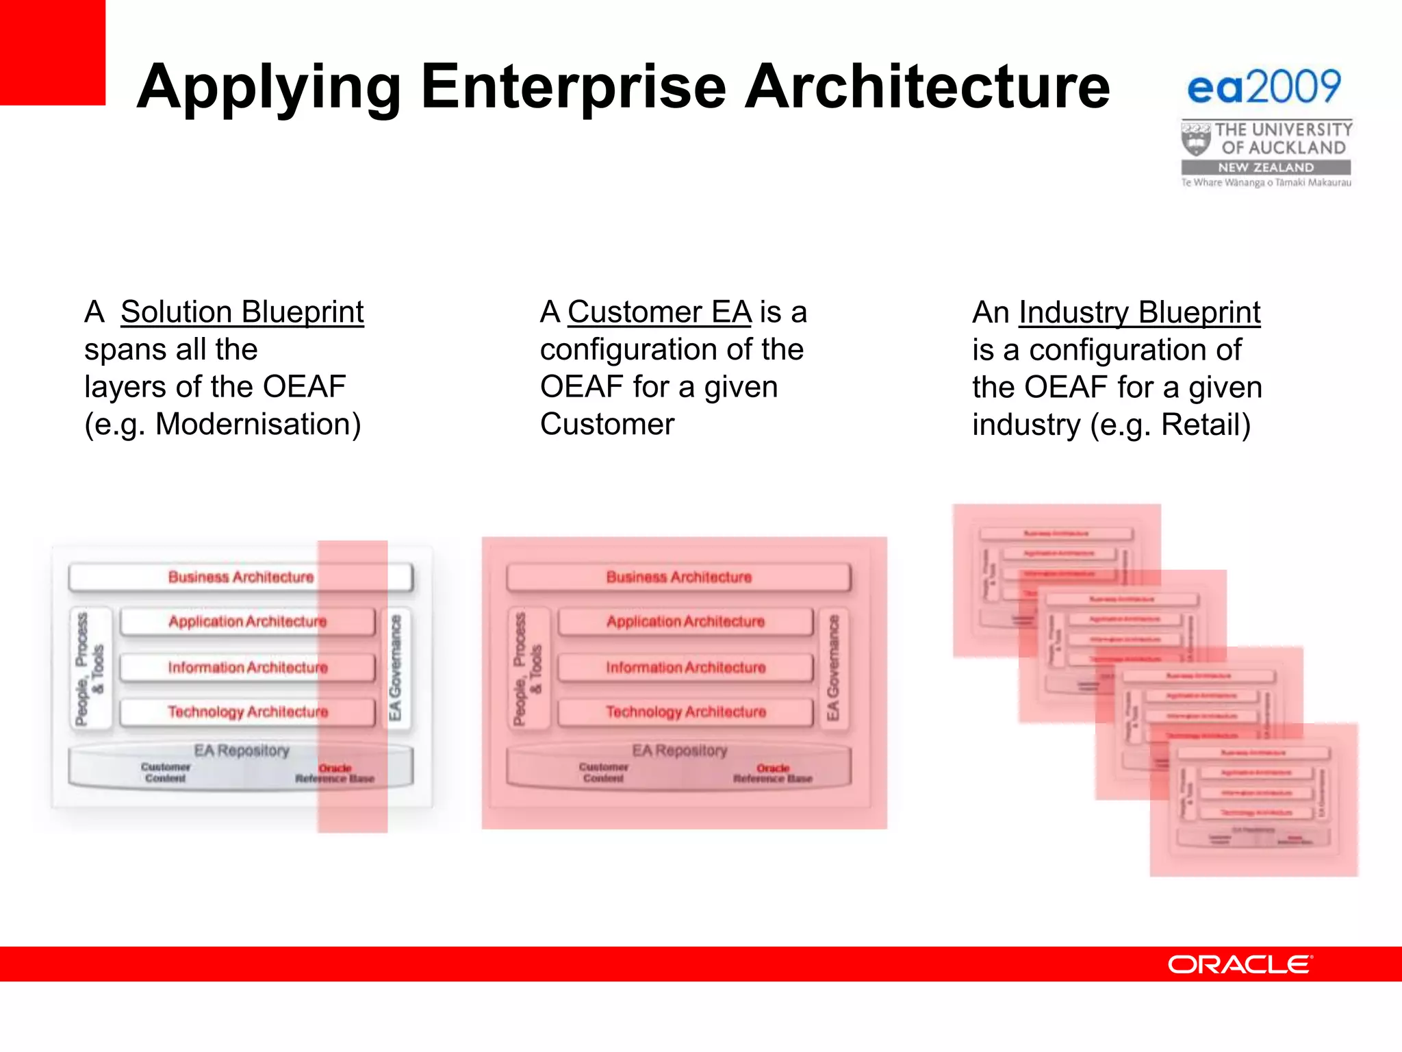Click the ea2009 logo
(1264, 88)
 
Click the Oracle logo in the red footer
(1240, 964)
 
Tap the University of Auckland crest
(1195, 139)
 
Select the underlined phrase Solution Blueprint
(242, 312)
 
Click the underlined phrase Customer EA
(659, 312)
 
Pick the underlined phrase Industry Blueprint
(1139, 313)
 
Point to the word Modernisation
(253, 425)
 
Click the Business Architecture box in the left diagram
(240, 577)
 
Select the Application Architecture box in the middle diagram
(685, 622)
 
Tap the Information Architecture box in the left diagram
(247, 667)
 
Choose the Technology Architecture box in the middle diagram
(685, 712)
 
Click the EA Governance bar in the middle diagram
(833, 667)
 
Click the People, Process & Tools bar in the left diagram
(90, 668)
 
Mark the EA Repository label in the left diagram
(241, 751)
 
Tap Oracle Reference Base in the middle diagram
(773, 774)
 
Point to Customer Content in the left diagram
(165, 773)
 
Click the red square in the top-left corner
(52, 52)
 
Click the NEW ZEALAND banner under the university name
(1266, 168)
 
